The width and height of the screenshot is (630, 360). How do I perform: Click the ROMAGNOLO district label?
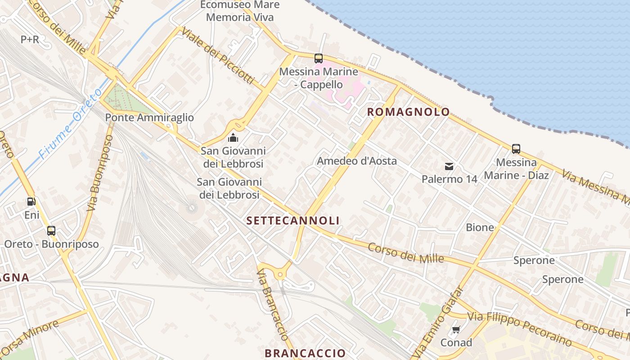point(409,112)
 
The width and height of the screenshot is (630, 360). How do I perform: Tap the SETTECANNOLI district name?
point(293,220)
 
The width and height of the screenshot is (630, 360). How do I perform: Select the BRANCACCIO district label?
point(305,353)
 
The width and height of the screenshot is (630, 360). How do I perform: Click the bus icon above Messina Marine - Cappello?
point(319,58)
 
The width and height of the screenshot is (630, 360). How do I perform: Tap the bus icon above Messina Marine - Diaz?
point(516,148)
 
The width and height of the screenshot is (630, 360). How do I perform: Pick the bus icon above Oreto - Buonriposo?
point(51,231)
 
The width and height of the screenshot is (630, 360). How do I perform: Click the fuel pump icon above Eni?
point(31,202)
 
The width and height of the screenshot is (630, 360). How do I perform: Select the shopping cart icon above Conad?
point(456,330)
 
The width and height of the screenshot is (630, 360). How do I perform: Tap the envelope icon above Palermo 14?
point(449,166)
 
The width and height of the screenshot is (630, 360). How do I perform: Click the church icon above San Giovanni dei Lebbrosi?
point(233,137)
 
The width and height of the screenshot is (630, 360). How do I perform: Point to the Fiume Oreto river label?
point(66,130)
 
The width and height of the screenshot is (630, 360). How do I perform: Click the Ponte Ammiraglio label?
point(149,117)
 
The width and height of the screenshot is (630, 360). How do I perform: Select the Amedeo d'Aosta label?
point(357,161)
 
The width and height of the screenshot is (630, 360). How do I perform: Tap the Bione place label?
point(480,227)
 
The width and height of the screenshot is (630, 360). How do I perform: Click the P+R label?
point(30,40)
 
